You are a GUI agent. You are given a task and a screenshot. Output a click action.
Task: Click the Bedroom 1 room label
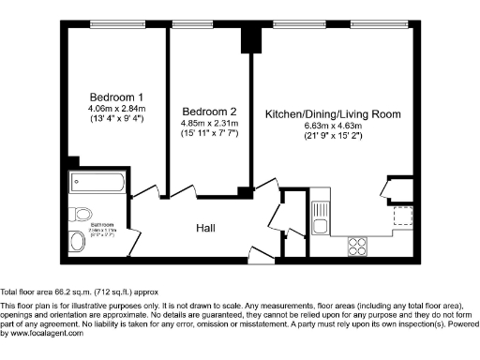pos(116,97)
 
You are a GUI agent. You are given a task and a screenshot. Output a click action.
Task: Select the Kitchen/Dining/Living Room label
pos(333,114)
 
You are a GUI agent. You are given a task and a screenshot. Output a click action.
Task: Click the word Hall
pos(207,228)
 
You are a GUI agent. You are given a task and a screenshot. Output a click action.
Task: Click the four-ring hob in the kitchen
pos(357,246)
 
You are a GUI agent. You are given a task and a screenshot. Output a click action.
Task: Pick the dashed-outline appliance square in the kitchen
pos(404,217)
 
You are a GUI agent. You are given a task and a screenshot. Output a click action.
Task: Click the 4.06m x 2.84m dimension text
pos(116,109)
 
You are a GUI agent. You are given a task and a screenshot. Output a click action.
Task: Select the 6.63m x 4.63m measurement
pos(333,126)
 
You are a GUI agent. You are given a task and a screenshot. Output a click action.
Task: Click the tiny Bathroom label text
pos(102,225)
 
